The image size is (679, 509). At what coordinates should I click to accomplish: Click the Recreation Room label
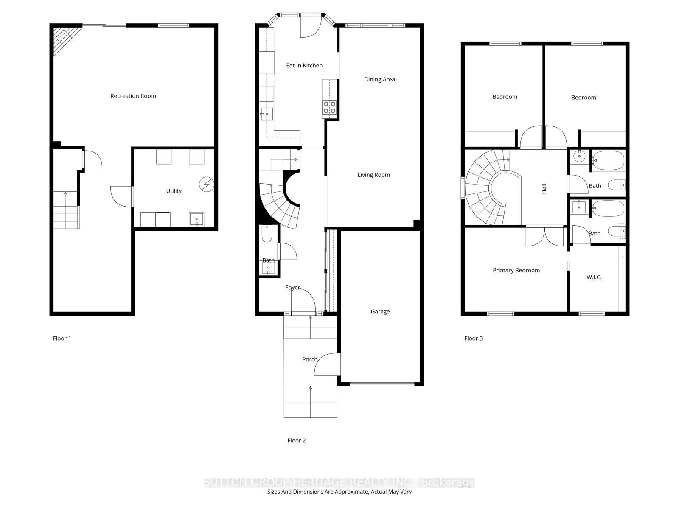(133, 96)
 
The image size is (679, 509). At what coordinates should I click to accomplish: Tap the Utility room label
(174, 191)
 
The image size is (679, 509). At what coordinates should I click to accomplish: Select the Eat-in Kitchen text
(304, 65)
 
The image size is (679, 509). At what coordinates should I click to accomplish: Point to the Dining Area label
(379, 79)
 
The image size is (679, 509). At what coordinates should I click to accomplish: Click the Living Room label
(373, 175)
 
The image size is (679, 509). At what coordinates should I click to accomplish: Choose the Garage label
(380, 311)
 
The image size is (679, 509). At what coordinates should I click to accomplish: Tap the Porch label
(310, 359)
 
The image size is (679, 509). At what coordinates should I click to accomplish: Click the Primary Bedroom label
(516, 271)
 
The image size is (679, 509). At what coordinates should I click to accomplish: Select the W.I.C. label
(594, 277)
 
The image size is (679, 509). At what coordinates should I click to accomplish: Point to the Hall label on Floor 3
(544, 188)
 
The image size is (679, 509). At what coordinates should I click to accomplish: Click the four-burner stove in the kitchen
(329, 108)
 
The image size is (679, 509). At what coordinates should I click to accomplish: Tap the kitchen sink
(267, 114)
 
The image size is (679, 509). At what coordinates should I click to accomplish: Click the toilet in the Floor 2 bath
(267, 234)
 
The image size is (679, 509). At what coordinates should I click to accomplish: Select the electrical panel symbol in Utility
(206, 185)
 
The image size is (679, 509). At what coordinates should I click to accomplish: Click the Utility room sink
(196, 219)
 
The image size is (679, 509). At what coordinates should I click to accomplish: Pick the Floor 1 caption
(62, 338)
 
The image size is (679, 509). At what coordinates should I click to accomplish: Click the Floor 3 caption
(473, 338)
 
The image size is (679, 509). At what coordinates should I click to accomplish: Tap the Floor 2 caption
(296, 441)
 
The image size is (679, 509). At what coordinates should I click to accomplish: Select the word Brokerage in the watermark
(448, 482)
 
